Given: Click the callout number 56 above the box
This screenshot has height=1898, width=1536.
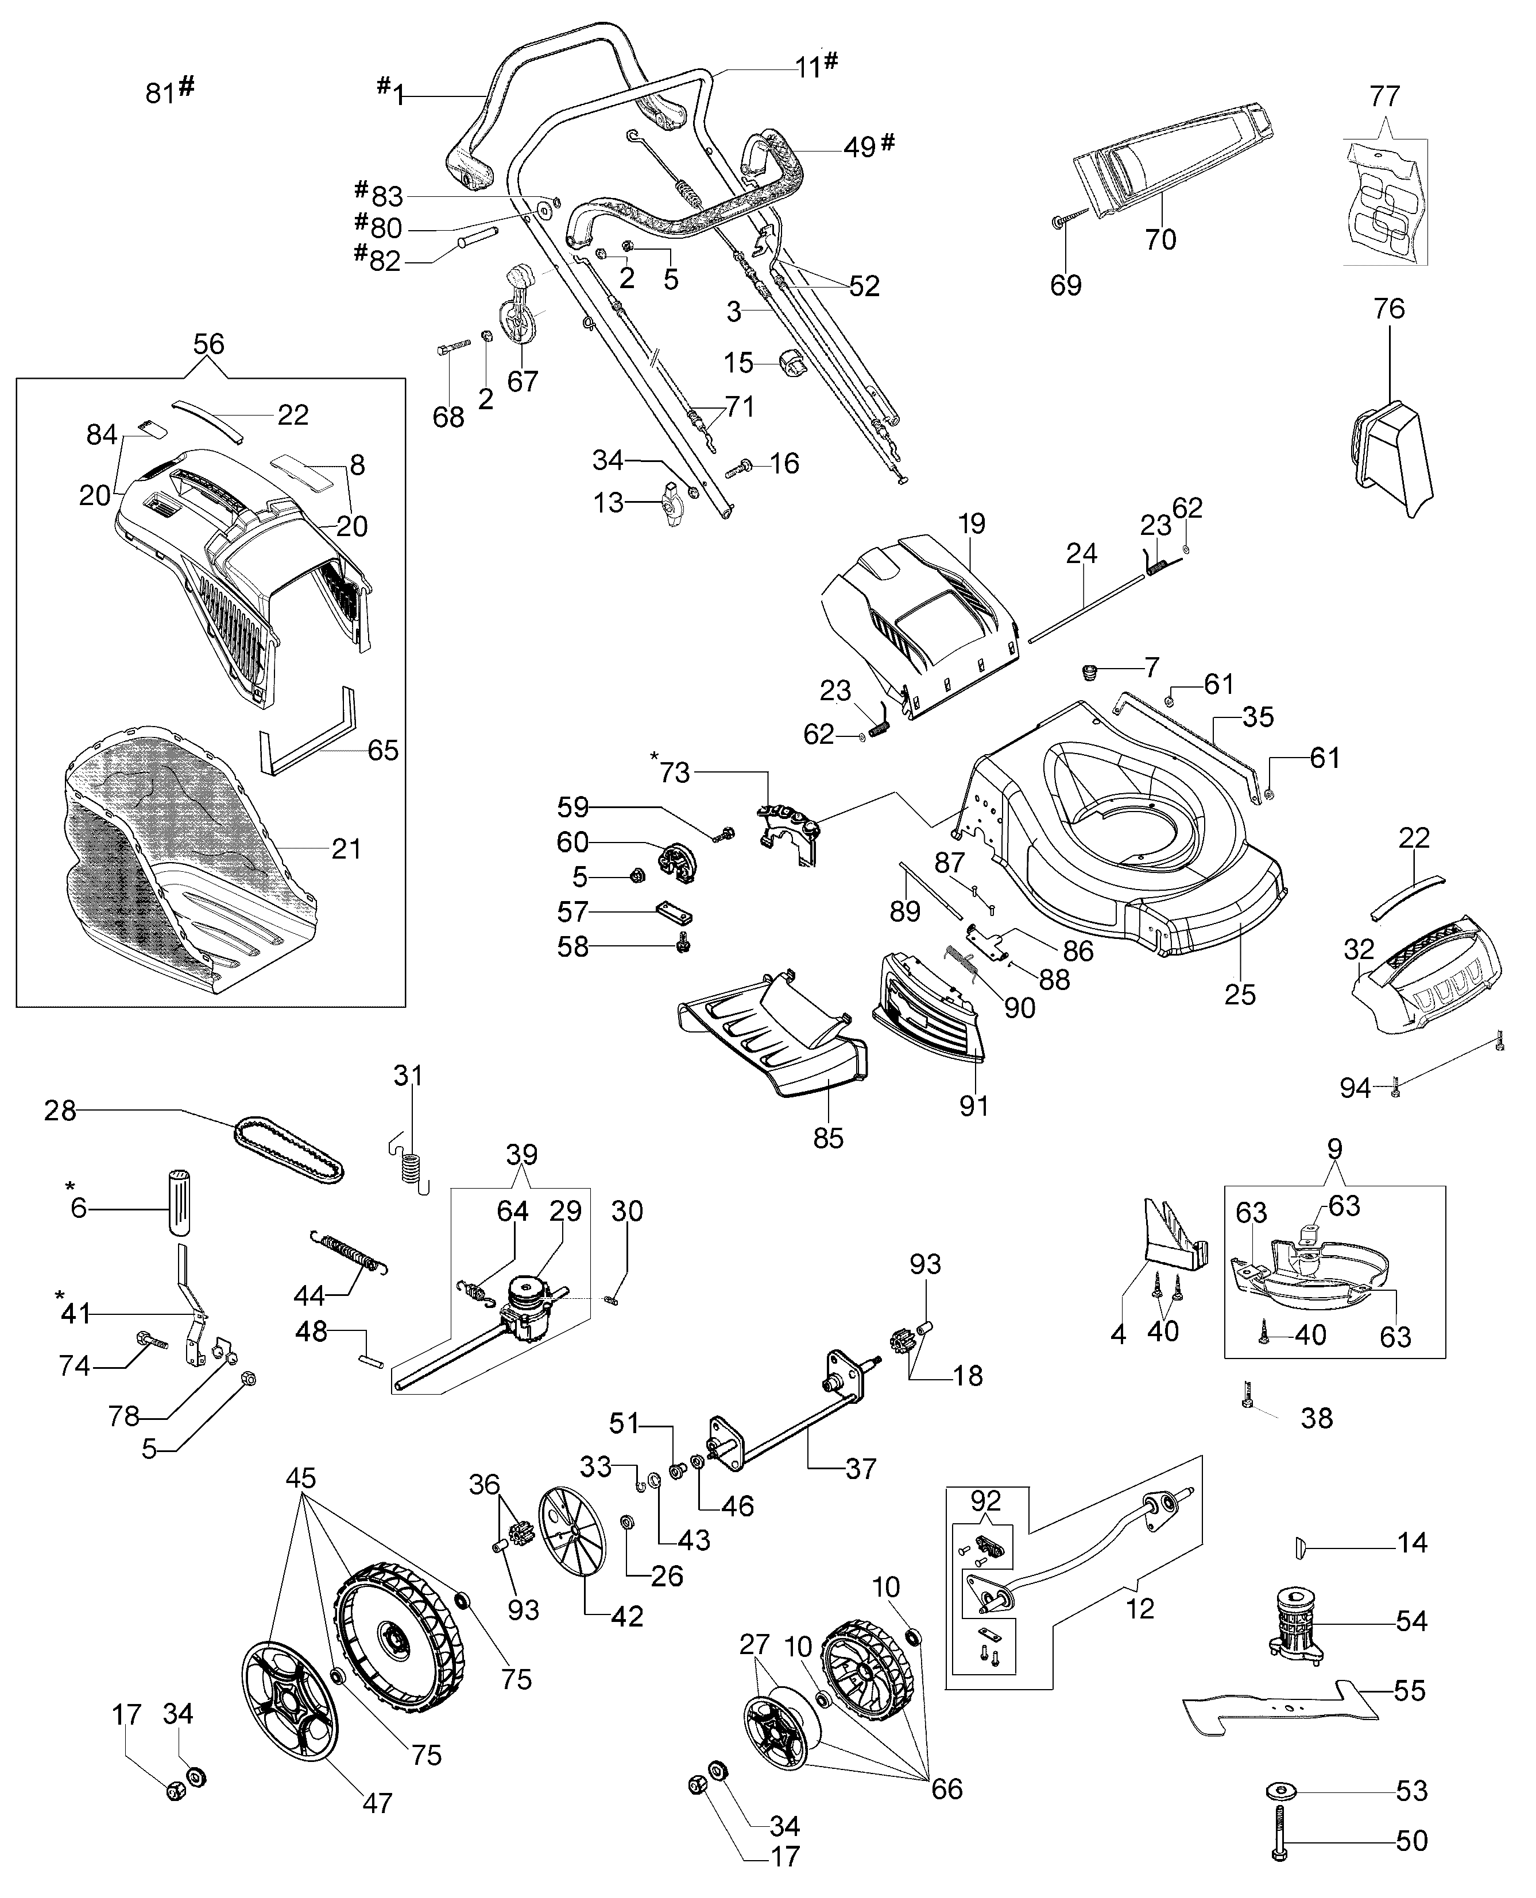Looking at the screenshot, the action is point(209,344).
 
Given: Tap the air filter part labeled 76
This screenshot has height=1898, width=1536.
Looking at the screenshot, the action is point(1392,458).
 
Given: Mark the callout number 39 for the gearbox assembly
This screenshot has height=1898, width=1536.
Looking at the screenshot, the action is point(521,1155).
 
